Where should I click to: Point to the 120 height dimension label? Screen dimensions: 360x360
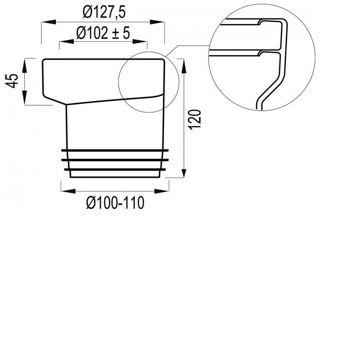194,119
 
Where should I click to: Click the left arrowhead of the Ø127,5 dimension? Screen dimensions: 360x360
45,22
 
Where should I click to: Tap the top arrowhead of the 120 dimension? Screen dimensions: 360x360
183,62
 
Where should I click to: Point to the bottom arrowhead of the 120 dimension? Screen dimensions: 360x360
183,175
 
